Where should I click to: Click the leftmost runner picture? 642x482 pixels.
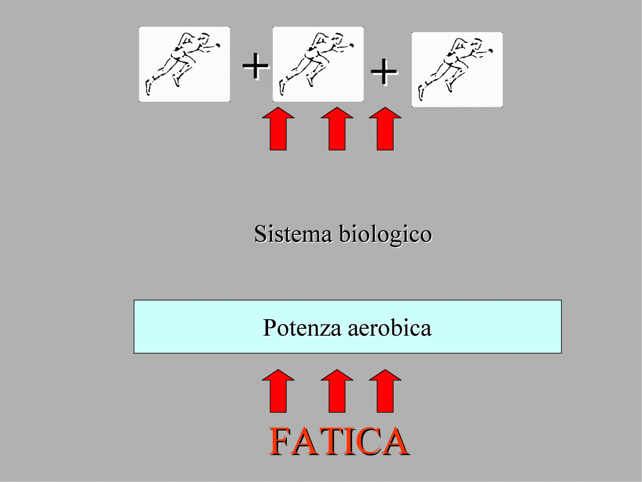[185, 64]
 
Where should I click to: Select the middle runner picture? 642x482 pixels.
[318, 64]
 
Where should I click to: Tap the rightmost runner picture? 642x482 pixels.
[457, 70]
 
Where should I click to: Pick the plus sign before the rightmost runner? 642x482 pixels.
[384, 72]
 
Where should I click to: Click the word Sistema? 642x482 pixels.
[293, 235]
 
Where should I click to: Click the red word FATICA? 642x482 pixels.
[339, 441]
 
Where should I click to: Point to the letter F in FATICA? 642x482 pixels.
[280, 441]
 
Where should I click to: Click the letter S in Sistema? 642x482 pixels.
[261, 235]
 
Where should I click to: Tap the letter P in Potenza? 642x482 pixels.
[269, 328]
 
